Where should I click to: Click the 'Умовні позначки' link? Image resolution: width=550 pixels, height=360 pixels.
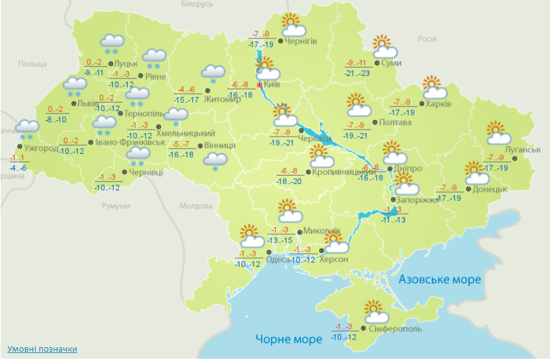click(42, 349)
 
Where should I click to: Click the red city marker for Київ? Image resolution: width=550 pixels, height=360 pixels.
click(259, 84)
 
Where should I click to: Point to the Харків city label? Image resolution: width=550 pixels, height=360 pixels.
click(438, 103)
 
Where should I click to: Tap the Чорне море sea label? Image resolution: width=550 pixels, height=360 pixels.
click(289, 339)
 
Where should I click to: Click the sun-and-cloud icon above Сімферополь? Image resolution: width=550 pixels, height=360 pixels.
click(376, 312)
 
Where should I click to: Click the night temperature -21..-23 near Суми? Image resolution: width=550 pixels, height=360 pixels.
click(356, 73)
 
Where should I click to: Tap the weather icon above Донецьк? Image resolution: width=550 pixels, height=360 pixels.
click(477, 173)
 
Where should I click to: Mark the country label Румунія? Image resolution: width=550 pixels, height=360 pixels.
click(116, 206)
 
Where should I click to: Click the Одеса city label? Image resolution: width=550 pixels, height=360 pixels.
click(277, 259)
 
